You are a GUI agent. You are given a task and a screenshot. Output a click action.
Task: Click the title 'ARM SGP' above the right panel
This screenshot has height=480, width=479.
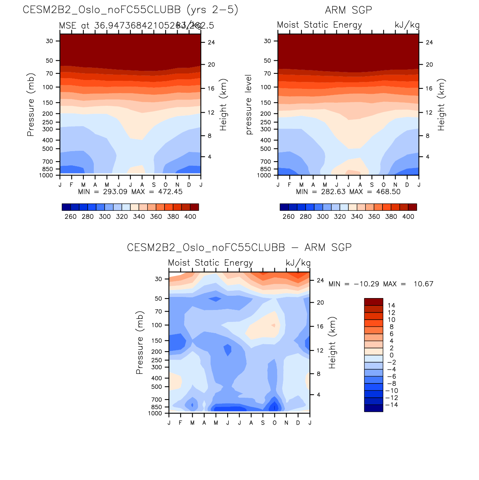(x=348, y=10)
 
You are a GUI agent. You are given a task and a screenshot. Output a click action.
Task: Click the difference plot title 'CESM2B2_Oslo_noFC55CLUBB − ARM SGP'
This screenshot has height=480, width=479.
(x=239, y=247)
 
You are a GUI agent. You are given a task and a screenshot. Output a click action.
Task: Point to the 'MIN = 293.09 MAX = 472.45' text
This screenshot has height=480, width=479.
(x=130, y=192)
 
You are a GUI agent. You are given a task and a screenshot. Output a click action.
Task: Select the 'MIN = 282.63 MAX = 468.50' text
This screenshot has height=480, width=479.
(x=348, y=192)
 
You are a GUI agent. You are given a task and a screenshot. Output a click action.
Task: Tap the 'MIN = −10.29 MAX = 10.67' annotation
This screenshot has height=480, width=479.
(x=381, y=284)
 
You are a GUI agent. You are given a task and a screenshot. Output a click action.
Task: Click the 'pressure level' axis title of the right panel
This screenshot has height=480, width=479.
(x=249, y=105)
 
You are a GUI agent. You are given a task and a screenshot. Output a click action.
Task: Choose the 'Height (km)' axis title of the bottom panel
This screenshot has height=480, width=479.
(x=332, y=342)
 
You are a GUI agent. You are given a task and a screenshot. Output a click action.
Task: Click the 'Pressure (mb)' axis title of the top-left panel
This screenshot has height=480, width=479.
(x=31, y=105)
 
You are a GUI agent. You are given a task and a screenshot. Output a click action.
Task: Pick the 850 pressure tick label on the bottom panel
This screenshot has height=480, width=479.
(x=157, y=407)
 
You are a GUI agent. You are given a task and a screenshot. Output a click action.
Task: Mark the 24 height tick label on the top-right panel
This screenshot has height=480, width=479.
(x=429, y=42)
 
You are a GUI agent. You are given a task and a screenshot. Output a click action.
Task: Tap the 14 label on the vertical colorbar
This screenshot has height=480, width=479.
(x=391, y=305)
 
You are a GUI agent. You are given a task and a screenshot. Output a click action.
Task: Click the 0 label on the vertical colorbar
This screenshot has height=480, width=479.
(x=391, y=355)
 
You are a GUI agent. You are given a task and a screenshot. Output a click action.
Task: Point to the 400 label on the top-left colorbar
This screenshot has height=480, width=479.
(x=190, y=217)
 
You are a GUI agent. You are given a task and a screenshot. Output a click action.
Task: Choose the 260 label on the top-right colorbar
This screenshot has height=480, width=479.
(x=288, y=217)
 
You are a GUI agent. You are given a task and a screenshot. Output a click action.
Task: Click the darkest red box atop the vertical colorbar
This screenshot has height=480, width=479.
(x=373, y=302)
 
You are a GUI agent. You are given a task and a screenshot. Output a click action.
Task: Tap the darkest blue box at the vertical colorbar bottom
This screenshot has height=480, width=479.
(x=373, y=408)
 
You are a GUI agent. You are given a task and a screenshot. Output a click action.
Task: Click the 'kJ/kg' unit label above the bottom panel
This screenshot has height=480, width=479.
(x=298, y=263)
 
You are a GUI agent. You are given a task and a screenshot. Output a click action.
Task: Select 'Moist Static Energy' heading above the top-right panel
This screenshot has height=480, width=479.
(x=319, y=25)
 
